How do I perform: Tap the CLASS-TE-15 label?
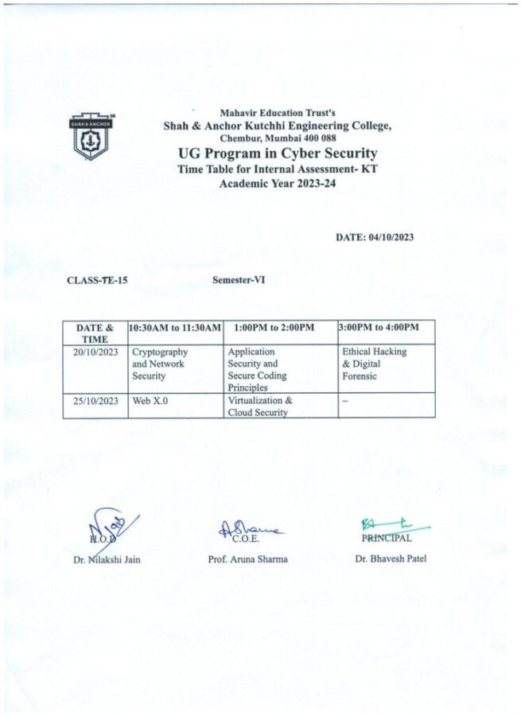[98, 280]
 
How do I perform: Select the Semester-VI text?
[239, 280]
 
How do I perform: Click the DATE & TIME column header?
[95, 333]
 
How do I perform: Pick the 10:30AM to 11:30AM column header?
[175, 328]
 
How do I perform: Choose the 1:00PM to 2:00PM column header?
[275, 328]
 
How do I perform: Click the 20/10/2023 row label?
[95, 352]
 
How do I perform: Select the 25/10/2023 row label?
[95, 401]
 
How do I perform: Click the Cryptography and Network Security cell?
[159, 364]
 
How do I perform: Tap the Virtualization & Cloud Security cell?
[259, 407]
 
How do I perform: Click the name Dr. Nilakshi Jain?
[106, 559]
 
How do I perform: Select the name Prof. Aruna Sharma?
[248, 559]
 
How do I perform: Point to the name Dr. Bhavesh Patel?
[391, 558]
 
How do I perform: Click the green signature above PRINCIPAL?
[394, 525]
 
